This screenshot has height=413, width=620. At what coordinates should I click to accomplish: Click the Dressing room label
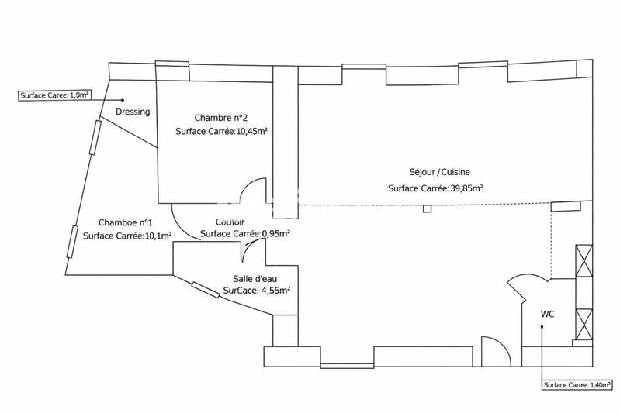click(133, 112)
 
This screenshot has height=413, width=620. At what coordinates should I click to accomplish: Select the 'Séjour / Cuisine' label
click(434, 173)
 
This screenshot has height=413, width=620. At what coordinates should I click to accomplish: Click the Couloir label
click(232, 222)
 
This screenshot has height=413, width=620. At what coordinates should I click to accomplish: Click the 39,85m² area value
click(464, 188)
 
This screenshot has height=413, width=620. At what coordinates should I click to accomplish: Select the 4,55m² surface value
click(274, 291)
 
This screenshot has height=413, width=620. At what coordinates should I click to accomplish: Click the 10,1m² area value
click(155, 236)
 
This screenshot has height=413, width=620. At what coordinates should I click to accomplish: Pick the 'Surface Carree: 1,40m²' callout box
click(577, 385)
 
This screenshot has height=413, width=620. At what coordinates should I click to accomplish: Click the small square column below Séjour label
click(428, 208)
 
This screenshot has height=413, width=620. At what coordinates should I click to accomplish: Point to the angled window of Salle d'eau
click(206, 290)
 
